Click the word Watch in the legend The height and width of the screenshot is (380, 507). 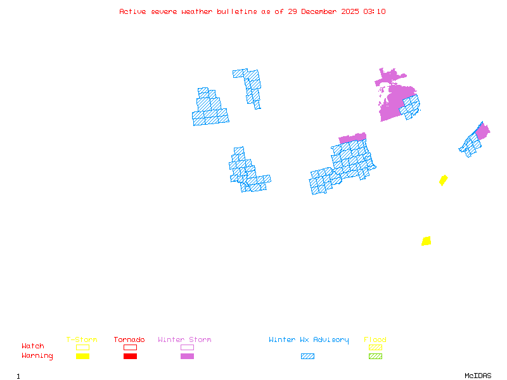pyautogui.click(x=33, y=346)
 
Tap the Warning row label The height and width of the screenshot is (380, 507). pyautogui.click(x=37, y=356)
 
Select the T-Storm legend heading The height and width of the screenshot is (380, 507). pyautogui.click(x=82, y=339)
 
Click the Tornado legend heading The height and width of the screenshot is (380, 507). pyautogui.click(x=129, y=339)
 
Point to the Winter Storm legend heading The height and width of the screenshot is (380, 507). pyautogui.click(x=184, y=339)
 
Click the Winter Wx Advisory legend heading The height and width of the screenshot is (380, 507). pyautogui.click(x=309, y=339)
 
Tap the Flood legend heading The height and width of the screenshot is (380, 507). pyautogui.click(x=375, y=339)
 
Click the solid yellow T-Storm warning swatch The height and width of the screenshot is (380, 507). pyautogui.click(x=82, y=356)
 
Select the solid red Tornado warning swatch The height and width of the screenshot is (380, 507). pyautogui.click(x=130, y=356)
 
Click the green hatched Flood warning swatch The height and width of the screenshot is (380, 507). pyautogui.click(x=375, y=356)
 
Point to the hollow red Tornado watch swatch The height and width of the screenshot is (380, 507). pyautogui.click(x=130, y=347)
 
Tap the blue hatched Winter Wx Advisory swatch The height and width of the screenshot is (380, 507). pyautogui.click(x=307, y=356)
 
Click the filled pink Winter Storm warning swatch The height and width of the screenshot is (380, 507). pyautogui.click(x=187, y=356)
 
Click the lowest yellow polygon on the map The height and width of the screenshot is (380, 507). pyautogui.click(x=427, y=241)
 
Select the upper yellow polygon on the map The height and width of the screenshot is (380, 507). pyautogui.click(x=444, y=180)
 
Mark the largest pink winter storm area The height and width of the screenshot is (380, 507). pyautogui.click(x=393, y=98)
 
